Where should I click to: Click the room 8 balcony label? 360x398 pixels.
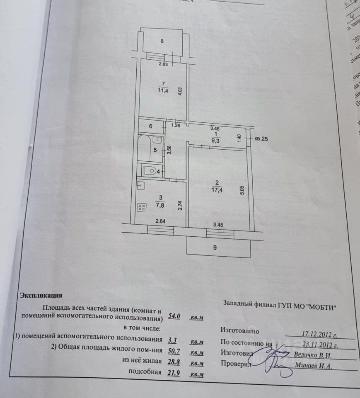coord(162,41)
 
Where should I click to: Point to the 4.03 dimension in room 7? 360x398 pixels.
coord(180,91)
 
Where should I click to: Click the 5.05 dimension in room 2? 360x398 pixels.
coord(242,190)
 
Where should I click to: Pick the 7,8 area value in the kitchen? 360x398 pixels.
coord(161,204)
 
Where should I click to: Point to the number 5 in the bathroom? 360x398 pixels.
coord(155,150)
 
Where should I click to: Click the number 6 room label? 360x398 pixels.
coord(151,126)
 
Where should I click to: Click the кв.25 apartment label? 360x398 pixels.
coord(261,139)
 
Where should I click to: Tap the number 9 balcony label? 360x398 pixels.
coord(215,248)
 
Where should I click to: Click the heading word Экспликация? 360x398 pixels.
coord(41,296)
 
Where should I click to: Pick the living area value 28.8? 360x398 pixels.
coord(174,363)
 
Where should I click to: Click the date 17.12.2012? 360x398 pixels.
coord(319,333)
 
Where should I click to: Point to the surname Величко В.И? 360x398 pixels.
coord(313,355)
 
